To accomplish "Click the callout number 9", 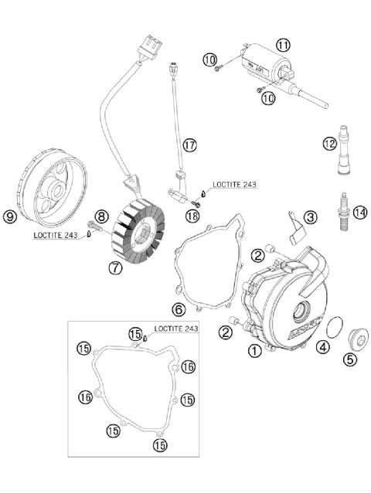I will (x=11, y=216).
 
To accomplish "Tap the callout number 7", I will (x=115, y=268).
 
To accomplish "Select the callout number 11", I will (x=283, y=45).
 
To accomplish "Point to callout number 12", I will (x=329, y=143).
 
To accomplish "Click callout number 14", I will (x=359, y=212).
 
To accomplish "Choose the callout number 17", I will (x=189, y=144).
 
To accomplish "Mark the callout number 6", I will (x=178, y=310).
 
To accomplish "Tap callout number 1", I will (x=254, y=350).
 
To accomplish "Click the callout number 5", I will (x=350, y=358).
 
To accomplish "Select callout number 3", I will (x=309, y=217).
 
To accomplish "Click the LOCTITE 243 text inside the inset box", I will (x=175, y=329).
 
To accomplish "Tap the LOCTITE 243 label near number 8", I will (x=55, y=235).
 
